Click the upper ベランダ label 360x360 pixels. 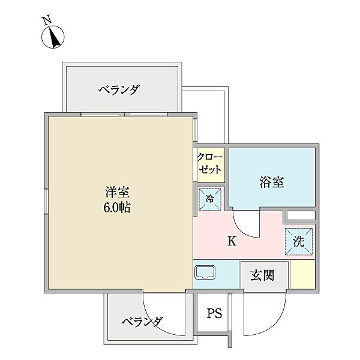click(x=119, y=90)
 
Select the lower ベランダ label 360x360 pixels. click(x=142, y=322)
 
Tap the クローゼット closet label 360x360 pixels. click(x=209, y=164)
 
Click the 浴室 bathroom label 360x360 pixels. click(x=272, y=182)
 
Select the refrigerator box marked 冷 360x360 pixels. click(x=210, y=200)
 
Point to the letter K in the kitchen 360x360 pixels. click(x=231, y=242)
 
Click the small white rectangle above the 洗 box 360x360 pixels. click(x=300, y=215)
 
